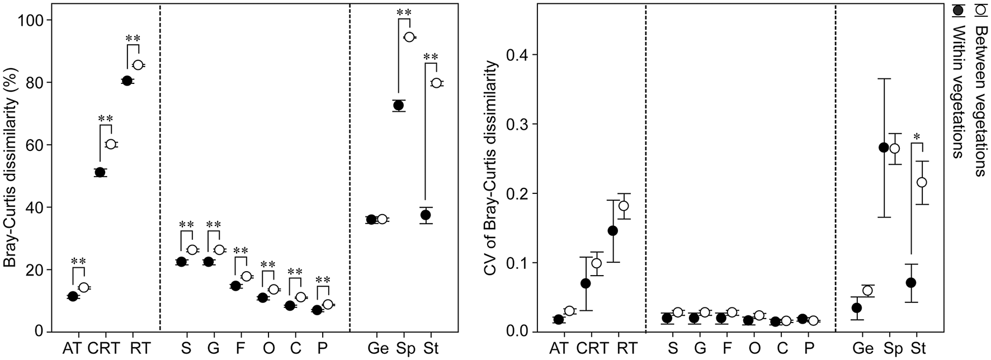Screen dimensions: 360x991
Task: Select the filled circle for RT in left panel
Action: tap(127, 81)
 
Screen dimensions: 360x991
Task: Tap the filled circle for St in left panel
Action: tap(426, 215)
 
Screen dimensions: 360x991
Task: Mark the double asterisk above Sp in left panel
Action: tap(404, 12)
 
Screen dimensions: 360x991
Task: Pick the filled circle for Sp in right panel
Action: tap(884, 148)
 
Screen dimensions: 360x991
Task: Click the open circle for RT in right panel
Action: tap(624, 206)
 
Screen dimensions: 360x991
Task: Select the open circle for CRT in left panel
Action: tap(111, 144)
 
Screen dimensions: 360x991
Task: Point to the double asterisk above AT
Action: tap(78, 261)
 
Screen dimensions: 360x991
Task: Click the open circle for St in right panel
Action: tap(922, 182)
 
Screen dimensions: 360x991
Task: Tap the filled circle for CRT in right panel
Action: tap(586, 283)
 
